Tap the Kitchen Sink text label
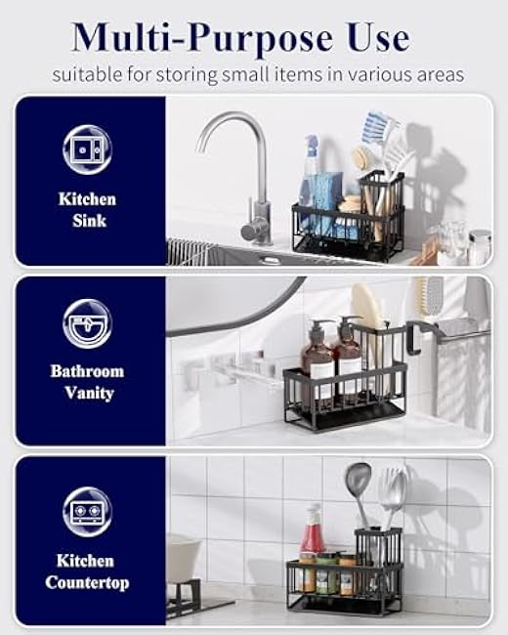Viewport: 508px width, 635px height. click(x=86, y=210)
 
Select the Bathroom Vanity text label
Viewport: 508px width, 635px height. click(x=87, y=382)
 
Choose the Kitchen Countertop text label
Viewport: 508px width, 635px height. click(x=86, y=571)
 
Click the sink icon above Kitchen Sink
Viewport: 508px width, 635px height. click(x=87, y=149)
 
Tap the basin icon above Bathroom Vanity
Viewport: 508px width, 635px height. click(x=87, y=323)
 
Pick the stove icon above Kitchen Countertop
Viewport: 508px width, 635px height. click(x=87, y=510)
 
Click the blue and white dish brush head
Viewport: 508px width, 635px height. click(x=376, y=127)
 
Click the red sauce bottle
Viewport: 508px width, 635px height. click(x=313, y=537)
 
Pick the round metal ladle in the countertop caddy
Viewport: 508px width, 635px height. click(x=359, y=484)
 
